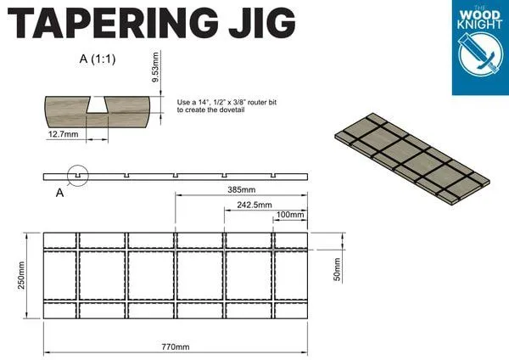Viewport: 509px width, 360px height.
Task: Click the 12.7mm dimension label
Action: (64, 134)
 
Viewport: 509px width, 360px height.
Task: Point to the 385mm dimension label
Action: (241, 189)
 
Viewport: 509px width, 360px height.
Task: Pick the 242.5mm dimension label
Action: (254, 204)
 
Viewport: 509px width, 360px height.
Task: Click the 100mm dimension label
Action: (289, 215)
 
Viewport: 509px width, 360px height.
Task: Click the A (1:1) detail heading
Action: (97, 60)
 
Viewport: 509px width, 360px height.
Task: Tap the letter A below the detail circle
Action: (59, 193)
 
